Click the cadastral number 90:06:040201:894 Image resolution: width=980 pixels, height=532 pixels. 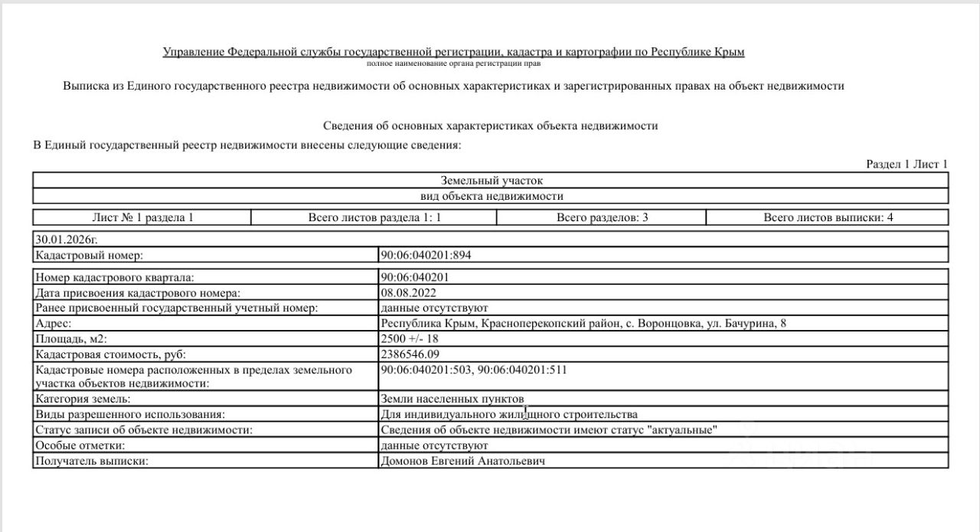coord(430,255)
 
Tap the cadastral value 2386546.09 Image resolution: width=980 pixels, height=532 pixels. coord(410,354)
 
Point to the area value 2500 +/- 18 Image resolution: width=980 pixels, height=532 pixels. coord(410,338)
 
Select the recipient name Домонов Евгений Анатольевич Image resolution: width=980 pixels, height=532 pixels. coord(463,461)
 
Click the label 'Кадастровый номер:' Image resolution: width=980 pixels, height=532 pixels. coord(90,255)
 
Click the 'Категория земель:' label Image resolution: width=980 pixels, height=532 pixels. coord(83,399)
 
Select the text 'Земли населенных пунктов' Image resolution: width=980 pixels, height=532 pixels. coord(452,399)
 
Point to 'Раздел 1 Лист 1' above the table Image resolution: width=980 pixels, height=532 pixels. coord(906,164)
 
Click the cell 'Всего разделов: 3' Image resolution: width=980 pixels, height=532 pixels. coord(602,217)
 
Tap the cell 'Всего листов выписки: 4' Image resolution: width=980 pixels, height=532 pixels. coord(828,217)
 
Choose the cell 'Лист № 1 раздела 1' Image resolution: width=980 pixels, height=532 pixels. coord(142,217)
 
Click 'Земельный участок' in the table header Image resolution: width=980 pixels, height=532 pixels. coord(491,181)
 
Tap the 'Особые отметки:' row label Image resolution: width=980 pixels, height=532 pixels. coord(80,446)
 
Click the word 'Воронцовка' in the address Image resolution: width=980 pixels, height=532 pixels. coord(671,323)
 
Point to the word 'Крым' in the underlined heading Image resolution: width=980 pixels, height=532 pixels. coord(729,52)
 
